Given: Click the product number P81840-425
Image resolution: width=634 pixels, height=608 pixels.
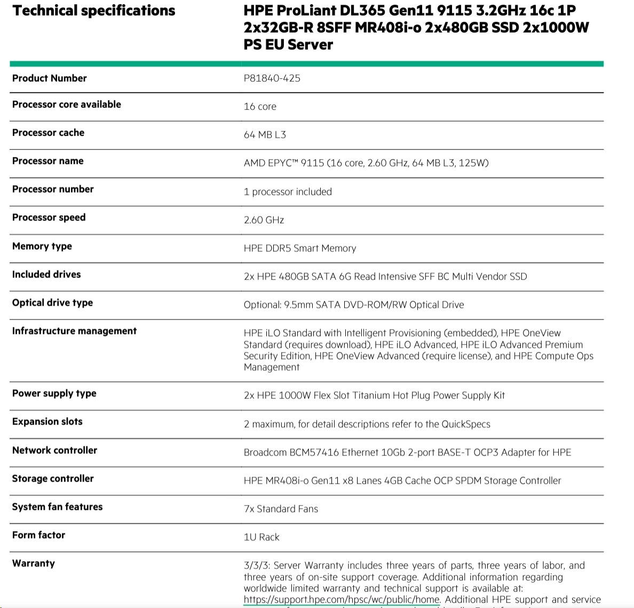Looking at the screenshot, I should pyautogui.click(x=272, y=78).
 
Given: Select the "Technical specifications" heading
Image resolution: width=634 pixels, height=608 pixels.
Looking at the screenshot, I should pyautogui.click(x=94, y=11).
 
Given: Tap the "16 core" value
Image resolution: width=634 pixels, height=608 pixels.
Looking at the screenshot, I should pyautogui.click(x=260, y=107).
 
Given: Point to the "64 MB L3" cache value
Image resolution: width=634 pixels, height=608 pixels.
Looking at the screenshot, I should pyautogui.click(x=265, y=135).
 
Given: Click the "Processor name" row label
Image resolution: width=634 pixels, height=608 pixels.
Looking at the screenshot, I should pyautogui.click(x=47, y=161).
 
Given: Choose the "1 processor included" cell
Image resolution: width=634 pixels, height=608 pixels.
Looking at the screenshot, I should pyautogui.click(x=288, y=192).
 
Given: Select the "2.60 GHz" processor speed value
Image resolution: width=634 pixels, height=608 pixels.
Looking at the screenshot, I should pyautogui.click(x=264, y=220).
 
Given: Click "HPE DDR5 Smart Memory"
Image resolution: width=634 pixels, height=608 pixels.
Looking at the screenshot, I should pyautogui.click(x=299, y=249).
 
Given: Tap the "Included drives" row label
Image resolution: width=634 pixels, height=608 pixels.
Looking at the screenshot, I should pyautogui.click(x=46, y=275).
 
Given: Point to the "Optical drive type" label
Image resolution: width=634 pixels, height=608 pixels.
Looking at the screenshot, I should pyautogui.click(x=52, y=303).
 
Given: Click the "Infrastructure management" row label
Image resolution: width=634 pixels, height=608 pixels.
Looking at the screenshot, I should pyautogui.click(x=74, y=331).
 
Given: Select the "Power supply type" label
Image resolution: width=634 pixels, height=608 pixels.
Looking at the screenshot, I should pyautogui.click(x=54, y=394).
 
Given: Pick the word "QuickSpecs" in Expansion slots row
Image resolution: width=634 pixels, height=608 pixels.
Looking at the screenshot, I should pyautogui.click(x=465, y=425).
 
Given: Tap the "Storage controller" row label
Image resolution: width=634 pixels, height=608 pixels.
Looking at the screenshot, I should pyautogui.click(x=53, y=479).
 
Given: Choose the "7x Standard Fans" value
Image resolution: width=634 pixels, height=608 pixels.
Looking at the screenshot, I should pyautogui.click(x=281, y=509).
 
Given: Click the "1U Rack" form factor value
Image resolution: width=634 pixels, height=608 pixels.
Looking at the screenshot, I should pyautogui.click(x=261, y=538).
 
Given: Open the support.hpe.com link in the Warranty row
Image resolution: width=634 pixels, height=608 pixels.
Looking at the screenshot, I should pyautogui.click(x=342, y=599).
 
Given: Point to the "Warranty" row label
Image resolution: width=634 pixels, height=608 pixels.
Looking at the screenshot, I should pyautogui.click(x=34, y=564).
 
